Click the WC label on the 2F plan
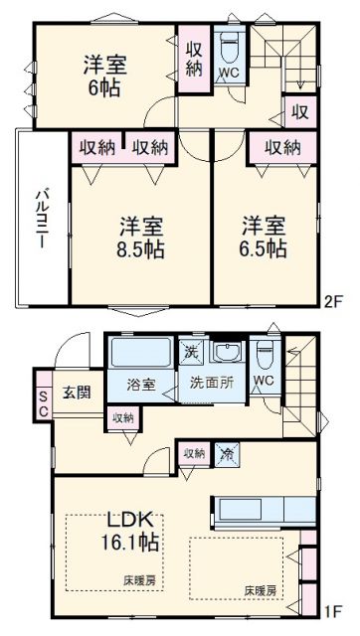tap(228, 74)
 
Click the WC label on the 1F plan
tap(264, 380)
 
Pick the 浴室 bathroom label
tap(141, 384)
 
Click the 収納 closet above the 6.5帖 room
tap(281, 146)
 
